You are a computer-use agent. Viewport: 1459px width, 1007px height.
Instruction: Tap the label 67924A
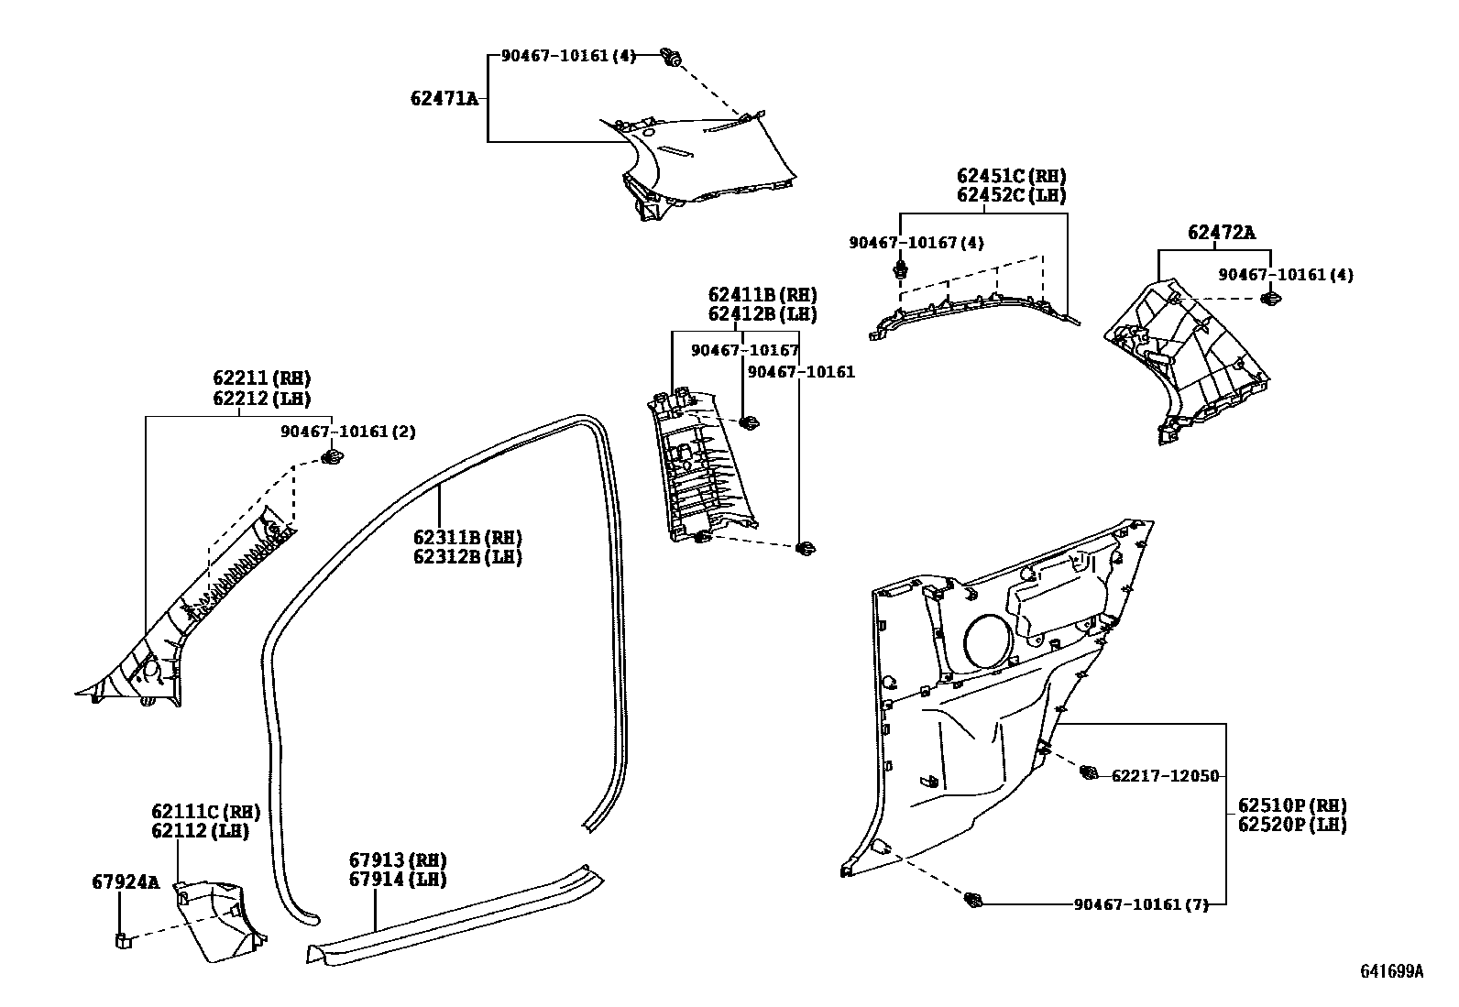(x=125, y=882)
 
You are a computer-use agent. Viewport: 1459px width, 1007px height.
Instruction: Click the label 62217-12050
(x=1165, y=776)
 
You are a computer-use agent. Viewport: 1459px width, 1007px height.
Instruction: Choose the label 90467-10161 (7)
(x=1140, y=904)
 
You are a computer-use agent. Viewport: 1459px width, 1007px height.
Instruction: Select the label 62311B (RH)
(x=466, y=537)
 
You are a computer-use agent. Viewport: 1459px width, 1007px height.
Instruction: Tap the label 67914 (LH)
(x=397, y=880)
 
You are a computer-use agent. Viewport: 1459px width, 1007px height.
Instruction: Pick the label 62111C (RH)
(x=205, y=812)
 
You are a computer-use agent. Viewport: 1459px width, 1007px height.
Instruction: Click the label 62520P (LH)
(x=1291, y=825)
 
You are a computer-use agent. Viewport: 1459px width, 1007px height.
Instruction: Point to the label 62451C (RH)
(x=1011, y=176)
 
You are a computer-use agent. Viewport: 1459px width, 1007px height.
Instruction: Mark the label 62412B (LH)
(x=762, y=314)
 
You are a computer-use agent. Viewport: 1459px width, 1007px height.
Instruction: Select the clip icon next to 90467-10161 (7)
(x=972, y=901)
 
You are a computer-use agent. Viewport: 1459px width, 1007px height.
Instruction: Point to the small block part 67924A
(x=121, y=939)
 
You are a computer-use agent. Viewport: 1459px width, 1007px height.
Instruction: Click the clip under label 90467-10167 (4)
(x=901, y=270)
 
